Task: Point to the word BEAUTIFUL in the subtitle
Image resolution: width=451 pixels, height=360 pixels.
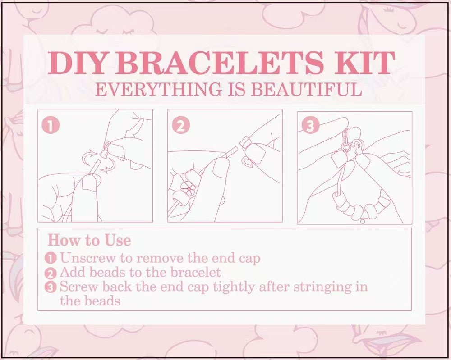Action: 306,89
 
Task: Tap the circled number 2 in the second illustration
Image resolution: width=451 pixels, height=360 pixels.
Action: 181,126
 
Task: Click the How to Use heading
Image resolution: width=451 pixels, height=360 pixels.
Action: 89,240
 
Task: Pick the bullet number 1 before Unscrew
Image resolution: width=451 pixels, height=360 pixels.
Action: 51,259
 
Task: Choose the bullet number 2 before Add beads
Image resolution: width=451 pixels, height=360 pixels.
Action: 51,273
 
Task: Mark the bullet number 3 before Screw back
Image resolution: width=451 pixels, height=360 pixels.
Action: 51,287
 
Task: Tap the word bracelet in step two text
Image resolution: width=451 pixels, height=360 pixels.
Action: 195,273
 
